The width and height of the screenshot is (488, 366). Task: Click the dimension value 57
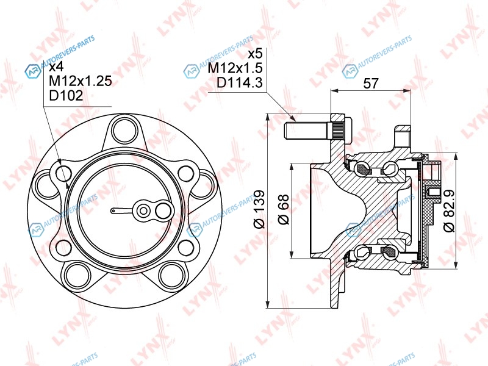click(371, 83)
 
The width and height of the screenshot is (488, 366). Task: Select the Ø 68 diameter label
click(284, 209)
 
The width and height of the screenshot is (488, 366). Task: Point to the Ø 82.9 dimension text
click(449, 210)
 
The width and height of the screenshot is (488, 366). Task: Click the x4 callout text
click(56, 66)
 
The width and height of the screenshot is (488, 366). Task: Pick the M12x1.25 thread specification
click(81, 81)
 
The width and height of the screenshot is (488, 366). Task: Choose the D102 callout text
click(66, 95)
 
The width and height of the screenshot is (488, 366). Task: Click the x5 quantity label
click(255, 54)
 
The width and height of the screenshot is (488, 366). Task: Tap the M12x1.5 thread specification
click(235, 68)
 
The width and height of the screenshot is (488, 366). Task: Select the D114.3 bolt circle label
click(240, 83)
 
